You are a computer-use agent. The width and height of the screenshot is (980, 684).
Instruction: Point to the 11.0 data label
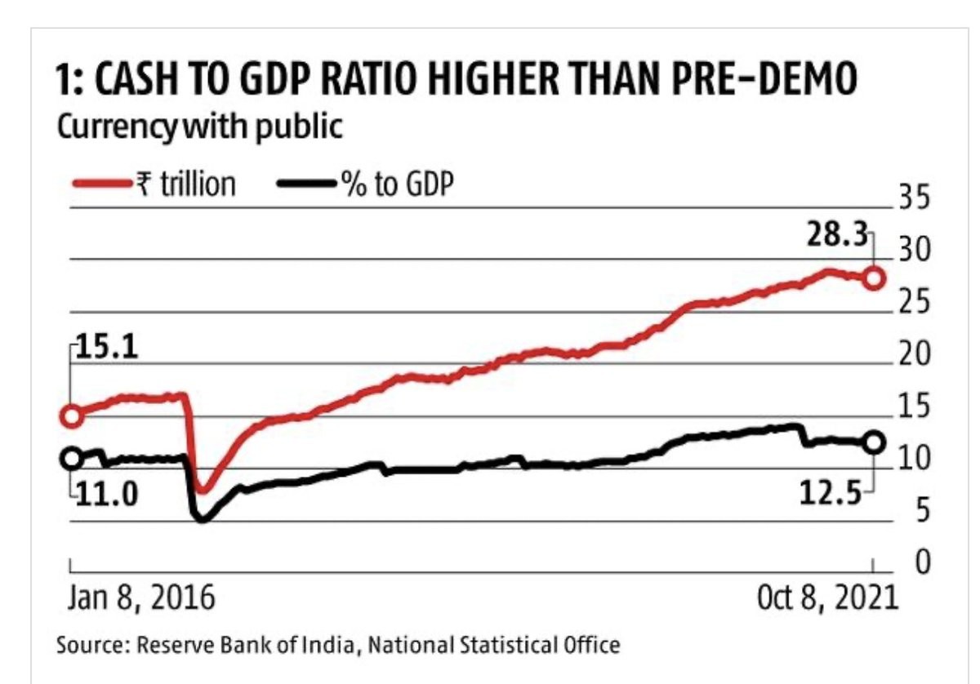coord(106,495)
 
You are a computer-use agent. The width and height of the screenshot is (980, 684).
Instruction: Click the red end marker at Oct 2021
coord(873,278)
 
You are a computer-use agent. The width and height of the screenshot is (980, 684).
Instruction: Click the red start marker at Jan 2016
coord(71,416)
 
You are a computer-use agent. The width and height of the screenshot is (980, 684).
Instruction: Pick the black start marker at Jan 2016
coord(71,458)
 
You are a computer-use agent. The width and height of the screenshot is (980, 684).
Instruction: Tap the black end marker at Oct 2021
coord(873,442)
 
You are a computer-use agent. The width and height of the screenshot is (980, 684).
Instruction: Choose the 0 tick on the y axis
coord(923,562)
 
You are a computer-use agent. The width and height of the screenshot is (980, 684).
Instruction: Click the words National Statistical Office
coord(493,646)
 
